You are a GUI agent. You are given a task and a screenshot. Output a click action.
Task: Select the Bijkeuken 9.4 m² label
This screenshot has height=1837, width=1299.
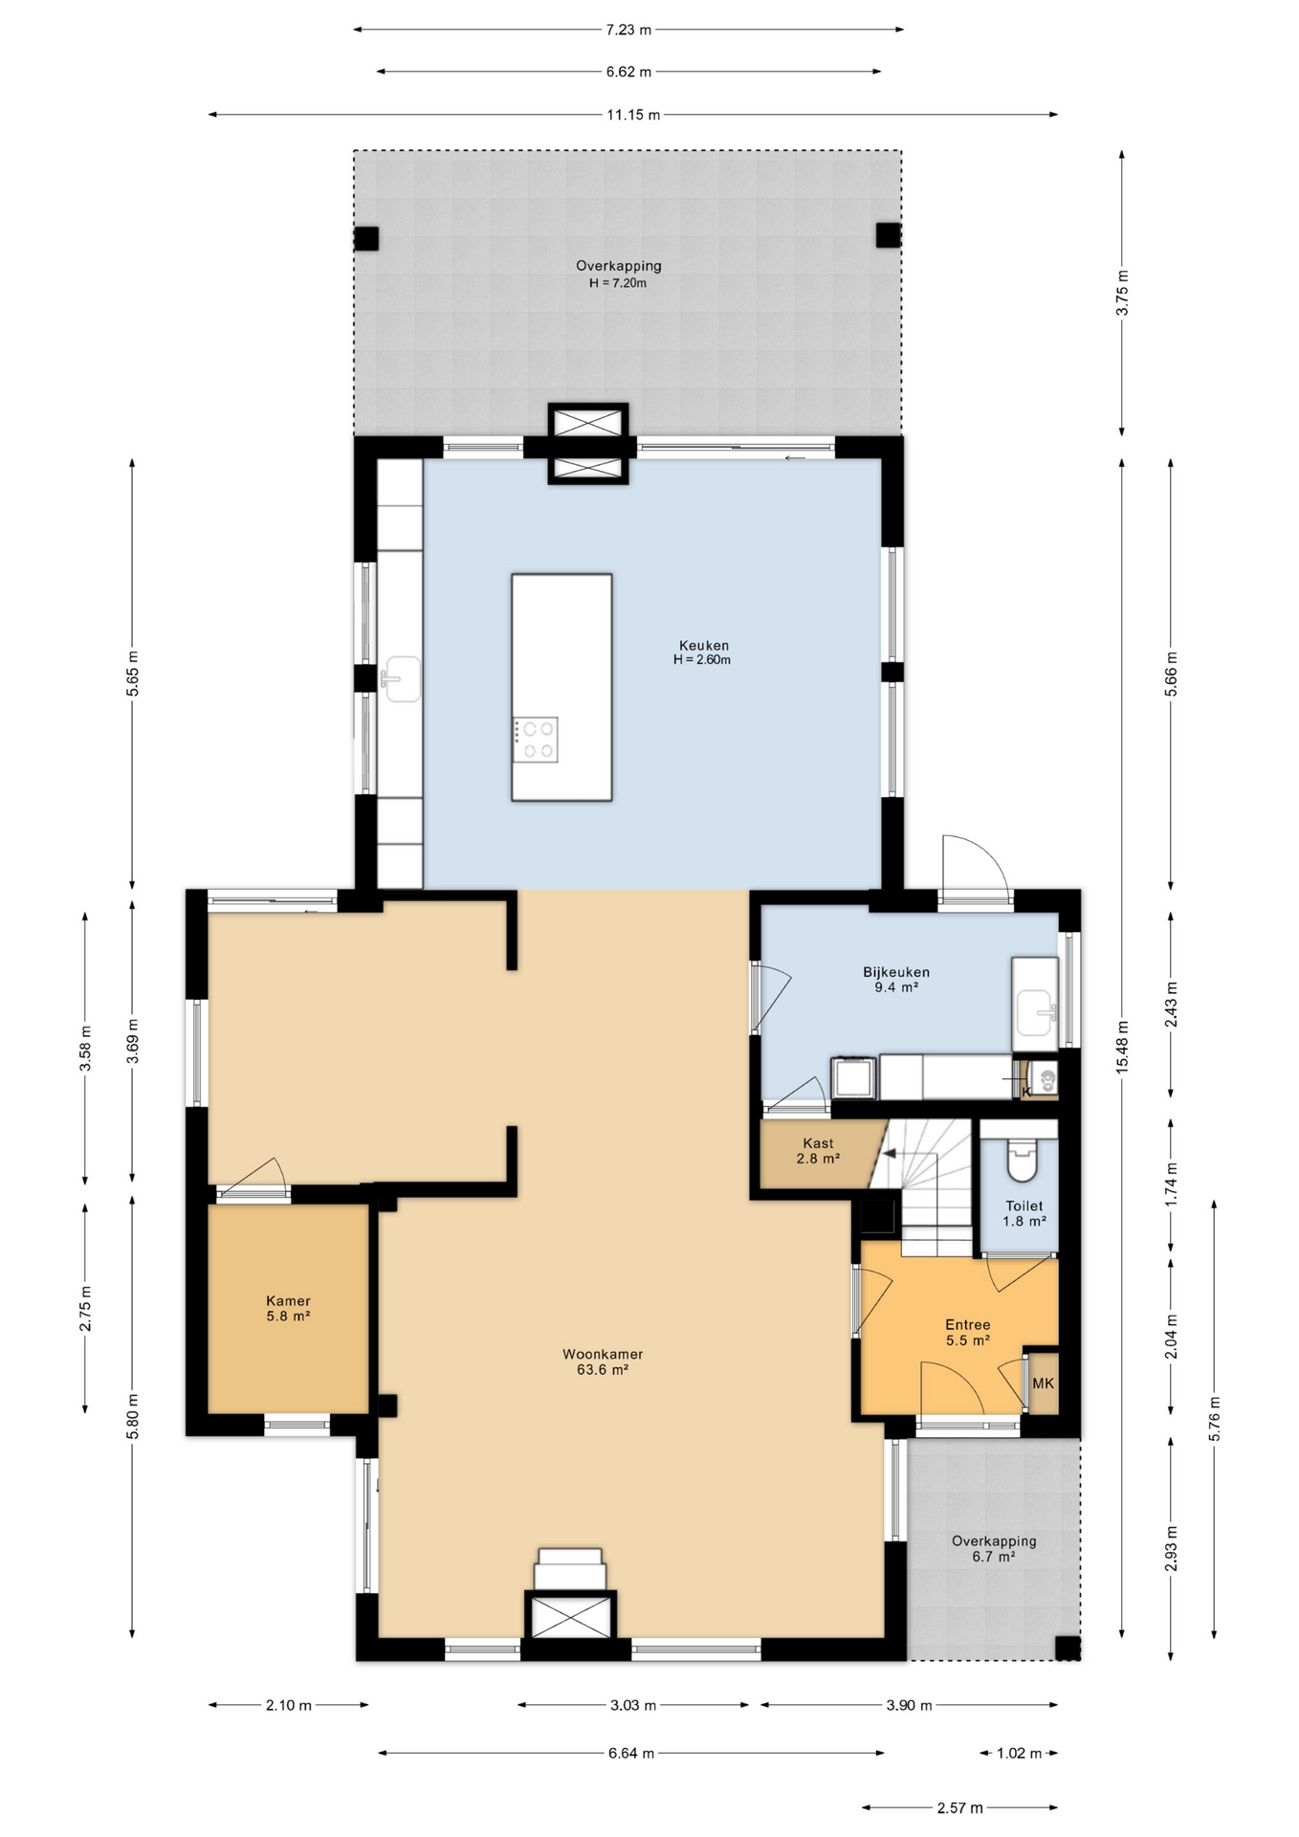coord(896,980)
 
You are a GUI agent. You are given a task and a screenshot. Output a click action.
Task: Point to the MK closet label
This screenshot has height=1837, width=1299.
coord(1043,1383)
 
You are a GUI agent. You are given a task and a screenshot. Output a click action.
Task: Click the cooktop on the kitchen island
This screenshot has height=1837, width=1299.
coord(535,740)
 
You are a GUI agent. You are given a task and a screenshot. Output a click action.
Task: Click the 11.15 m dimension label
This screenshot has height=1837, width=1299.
coord(633,115)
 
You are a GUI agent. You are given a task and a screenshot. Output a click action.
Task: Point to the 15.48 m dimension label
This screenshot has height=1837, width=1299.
coord(1123,1046)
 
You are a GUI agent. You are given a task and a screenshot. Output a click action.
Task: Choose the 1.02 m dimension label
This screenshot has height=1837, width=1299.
coord(1019,1753)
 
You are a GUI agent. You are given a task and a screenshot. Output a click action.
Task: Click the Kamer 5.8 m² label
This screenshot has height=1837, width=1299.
coord(288,1308)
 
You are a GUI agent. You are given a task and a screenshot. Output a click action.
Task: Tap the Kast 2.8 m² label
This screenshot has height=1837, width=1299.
coord(818,1151)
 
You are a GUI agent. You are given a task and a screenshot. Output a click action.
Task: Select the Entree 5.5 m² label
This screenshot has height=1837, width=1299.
coord(968,1333)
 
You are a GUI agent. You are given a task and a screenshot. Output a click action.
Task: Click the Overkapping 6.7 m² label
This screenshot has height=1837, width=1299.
coord(994,1549)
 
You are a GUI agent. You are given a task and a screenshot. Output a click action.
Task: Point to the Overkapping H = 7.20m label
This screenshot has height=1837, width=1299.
coord(618,274)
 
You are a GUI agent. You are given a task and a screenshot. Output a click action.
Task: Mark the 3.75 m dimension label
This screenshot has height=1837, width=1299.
coord(1123,293)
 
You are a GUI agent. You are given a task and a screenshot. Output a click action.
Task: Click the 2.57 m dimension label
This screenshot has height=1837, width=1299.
coord(959,1807)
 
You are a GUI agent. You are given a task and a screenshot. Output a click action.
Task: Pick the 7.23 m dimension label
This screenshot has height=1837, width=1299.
coord(628,30)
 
